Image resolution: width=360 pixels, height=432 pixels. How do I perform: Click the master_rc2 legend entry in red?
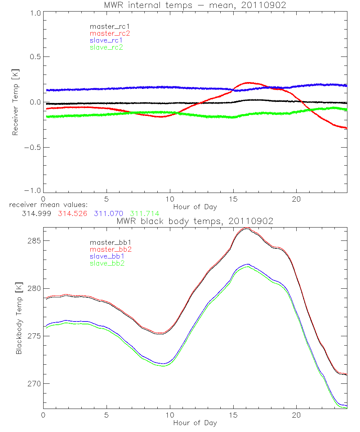109,33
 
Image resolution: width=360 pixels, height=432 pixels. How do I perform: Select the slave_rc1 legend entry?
107,40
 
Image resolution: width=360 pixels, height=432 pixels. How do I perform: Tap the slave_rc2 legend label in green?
106,47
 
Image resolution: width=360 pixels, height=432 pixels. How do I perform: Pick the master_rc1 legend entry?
109,26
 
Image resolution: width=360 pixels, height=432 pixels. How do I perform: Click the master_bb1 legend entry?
110,242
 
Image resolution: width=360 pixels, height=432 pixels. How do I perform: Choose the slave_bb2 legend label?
107,264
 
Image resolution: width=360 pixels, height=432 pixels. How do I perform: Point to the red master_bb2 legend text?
110,249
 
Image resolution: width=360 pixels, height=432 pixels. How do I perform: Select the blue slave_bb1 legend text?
107,256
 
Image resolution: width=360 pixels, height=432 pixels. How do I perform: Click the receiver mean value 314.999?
35,213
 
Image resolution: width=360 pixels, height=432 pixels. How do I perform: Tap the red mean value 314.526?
72,213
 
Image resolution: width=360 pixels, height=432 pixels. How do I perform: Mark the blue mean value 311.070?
109,213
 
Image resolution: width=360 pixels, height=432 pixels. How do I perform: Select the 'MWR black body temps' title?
195,221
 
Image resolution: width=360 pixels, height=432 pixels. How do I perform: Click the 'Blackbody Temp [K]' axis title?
19,318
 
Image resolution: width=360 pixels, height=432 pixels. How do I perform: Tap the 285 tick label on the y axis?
33,240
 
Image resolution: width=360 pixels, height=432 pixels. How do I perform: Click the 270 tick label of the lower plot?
33,383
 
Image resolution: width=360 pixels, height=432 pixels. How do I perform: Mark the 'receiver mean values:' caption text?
46,205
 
